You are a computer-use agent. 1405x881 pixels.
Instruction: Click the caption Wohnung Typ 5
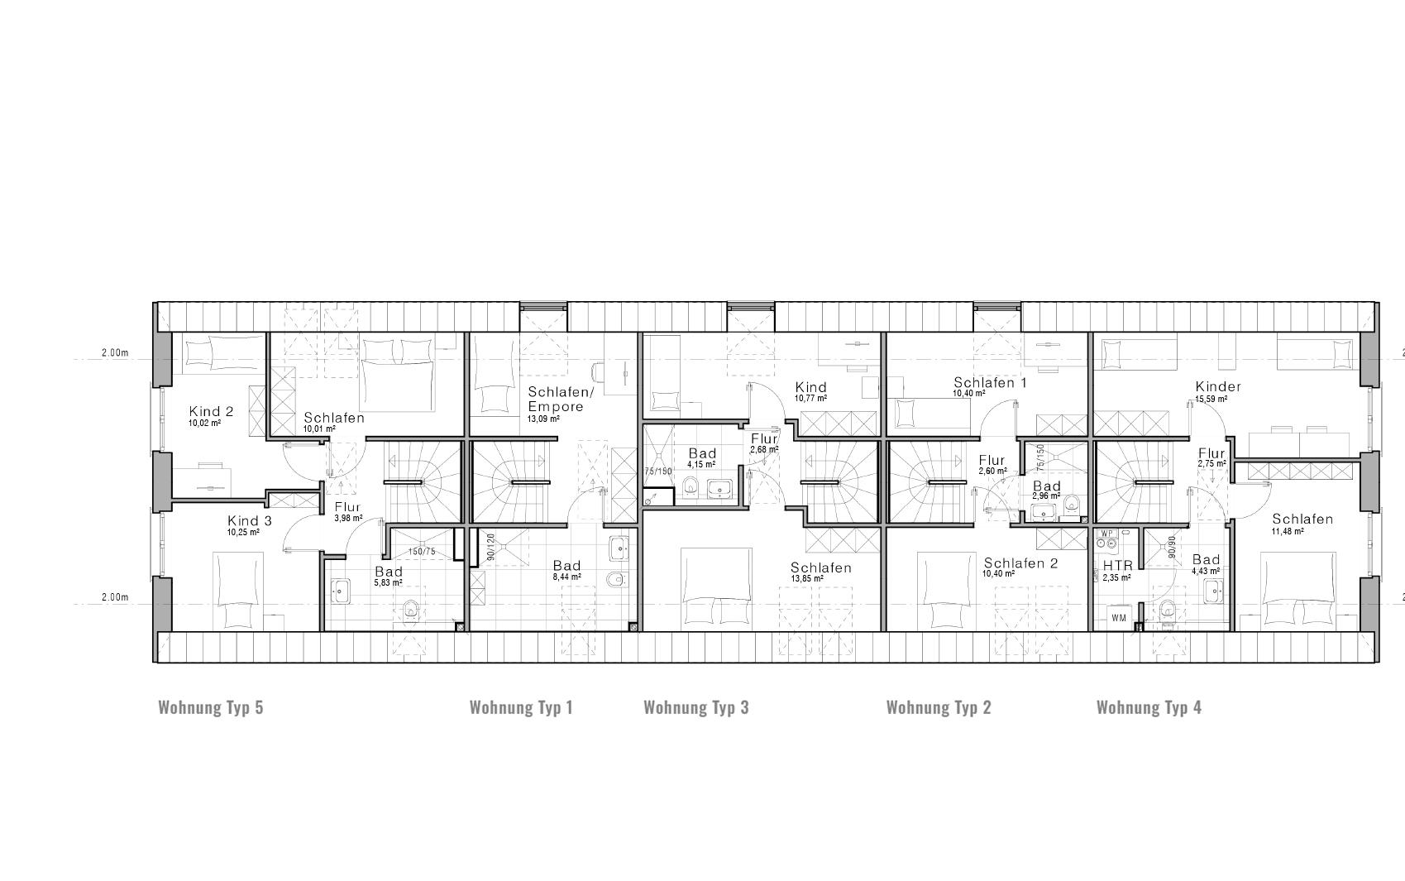coord(210,707)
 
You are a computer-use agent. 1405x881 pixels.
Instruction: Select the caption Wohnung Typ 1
coord(521,707)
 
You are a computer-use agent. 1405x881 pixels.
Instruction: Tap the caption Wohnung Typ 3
coord(695,707)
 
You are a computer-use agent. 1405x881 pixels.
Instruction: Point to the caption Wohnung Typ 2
coord(938,707)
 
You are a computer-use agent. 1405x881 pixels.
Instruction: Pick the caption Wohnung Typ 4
coord(1149,707)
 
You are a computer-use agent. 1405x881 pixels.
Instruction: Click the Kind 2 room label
coord(211,411)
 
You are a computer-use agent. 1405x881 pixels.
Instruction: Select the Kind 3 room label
coord(249,520)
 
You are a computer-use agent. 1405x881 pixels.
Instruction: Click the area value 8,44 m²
coord(566,577)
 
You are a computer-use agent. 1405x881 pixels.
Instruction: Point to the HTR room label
coord(1117,566)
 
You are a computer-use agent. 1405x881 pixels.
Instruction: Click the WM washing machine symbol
coord(1118,617)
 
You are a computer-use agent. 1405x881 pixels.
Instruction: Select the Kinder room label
coord(1218,386)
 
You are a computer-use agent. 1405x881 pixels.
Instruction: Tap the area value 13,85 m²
coord(806,578)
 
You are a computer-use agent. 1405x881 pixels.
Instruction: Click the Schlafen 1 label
coord(990,382)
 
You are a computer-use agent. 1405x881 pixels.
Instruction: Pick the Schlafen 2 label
coord(1020,563)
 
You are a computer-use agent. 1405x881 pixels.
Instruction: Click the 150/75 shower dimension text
coord(423,551)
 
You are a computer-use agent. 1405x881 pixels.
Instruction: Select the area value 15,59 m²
coord(1211,399)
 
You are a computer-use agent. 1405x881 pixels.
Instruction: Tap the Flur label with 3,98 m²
coord(347,507)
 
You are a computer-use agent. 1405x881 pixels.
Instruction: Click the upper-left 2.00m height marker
coord(115,352)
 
